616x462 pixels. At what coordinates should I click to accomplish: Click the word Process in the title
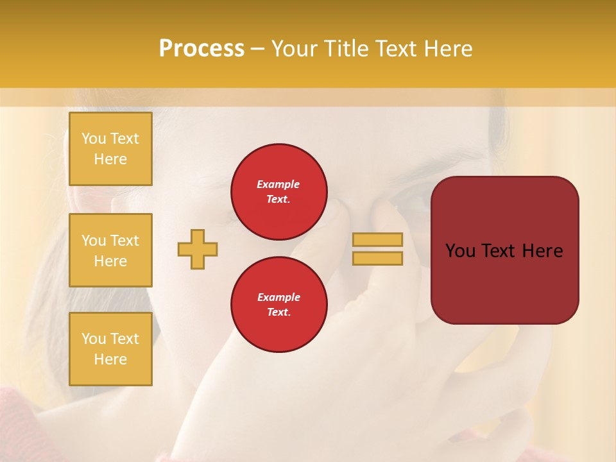pos(201,49)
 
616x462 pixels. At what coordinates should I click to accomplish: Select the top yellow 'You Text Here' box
pos(110,149)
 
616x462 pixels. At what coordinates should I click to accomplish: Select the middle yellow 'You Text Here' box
pos(110,250)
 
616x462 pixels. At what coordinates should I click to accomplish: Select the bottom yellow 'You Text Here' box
pos(110,349)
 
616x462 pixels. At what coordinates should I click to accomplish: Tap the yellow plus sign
pos(198,249)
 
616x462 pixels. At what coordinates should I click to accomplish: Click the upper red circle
pos(279,192)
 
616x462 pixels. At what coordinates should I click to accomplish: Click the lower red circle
pos(279,305)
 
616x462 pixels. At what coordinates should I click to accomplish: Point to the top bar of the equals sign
pos(377,239)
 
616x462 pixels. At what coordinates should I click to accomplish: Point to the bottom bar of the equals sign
pos(377,258)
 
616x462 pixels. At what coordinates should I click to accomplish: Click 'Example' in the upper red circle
pos(278,184)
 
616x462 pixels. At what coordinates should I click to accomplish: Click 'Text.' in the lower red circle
pos(278,312)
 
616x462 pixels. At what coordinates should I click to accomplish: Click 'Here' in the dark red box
pos(542,251)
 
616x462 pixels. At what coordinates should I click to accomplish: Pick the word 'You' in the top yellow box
pos(94,139)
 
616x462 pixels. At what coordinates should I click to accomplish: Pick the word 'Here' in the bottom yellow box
pos(110,359)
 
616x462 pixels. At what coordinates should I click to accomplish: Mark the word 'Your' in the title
pos(294,49)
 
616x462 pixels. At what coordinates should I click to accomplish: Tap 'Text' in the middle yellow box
pos(124,241)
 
